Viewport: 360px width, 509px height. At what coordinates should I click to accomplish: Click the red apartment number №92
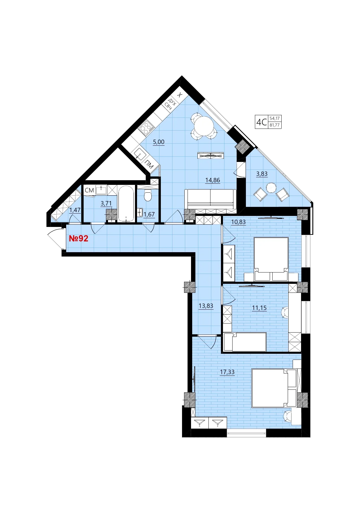(78, 239)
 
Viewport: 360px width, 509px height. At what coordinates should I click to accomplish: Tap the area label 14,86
(213, 180)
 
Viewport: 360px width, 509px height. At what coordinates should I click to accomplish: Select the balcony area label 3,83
(262, 174)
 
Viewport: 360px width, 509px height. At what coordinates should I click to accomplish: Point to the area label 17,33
(227, 372)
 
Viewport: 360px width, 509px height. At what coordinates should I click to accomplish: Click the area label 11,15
(259, 308)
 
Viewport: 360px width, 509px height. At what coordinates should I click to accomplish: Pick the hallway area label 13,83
(206, 306)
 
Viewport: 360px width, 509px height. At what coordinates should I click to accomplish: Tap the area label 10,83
(238, 222)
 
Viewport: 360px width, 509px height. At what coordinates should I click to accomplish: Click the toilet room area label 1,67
(149, 214)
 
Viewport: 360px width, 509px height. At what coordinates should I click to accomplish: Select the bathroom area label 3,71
(106, 203)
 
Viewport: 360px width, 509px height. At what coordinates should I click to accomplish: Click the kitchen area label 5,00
(159, 142)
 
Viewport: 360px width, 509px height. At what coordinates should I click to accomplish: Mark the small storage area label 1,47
(75, 210)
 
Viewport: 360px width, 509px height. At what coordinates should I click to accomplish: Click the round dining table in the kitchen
(204, 126)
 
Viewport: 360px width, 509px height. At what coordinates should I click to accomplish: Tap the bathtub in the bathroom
(126, 204)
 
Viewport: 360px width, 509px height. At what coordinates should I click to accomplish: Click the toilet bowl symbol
(148, 195)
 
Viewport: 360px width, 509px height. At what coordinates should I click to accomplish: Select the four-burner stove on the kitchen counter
(146, 128)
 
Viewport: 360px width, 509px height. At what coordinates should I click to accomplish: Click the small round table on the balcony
(271, 187)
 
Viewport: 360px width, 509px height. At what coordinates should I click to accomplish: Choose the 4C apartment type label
(261, 122)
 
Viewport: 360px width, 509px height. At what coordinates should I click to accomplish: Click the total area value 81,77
(274, 125)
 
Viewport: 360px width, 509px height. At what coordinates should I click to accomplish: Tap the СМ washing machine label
(89, 190)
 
